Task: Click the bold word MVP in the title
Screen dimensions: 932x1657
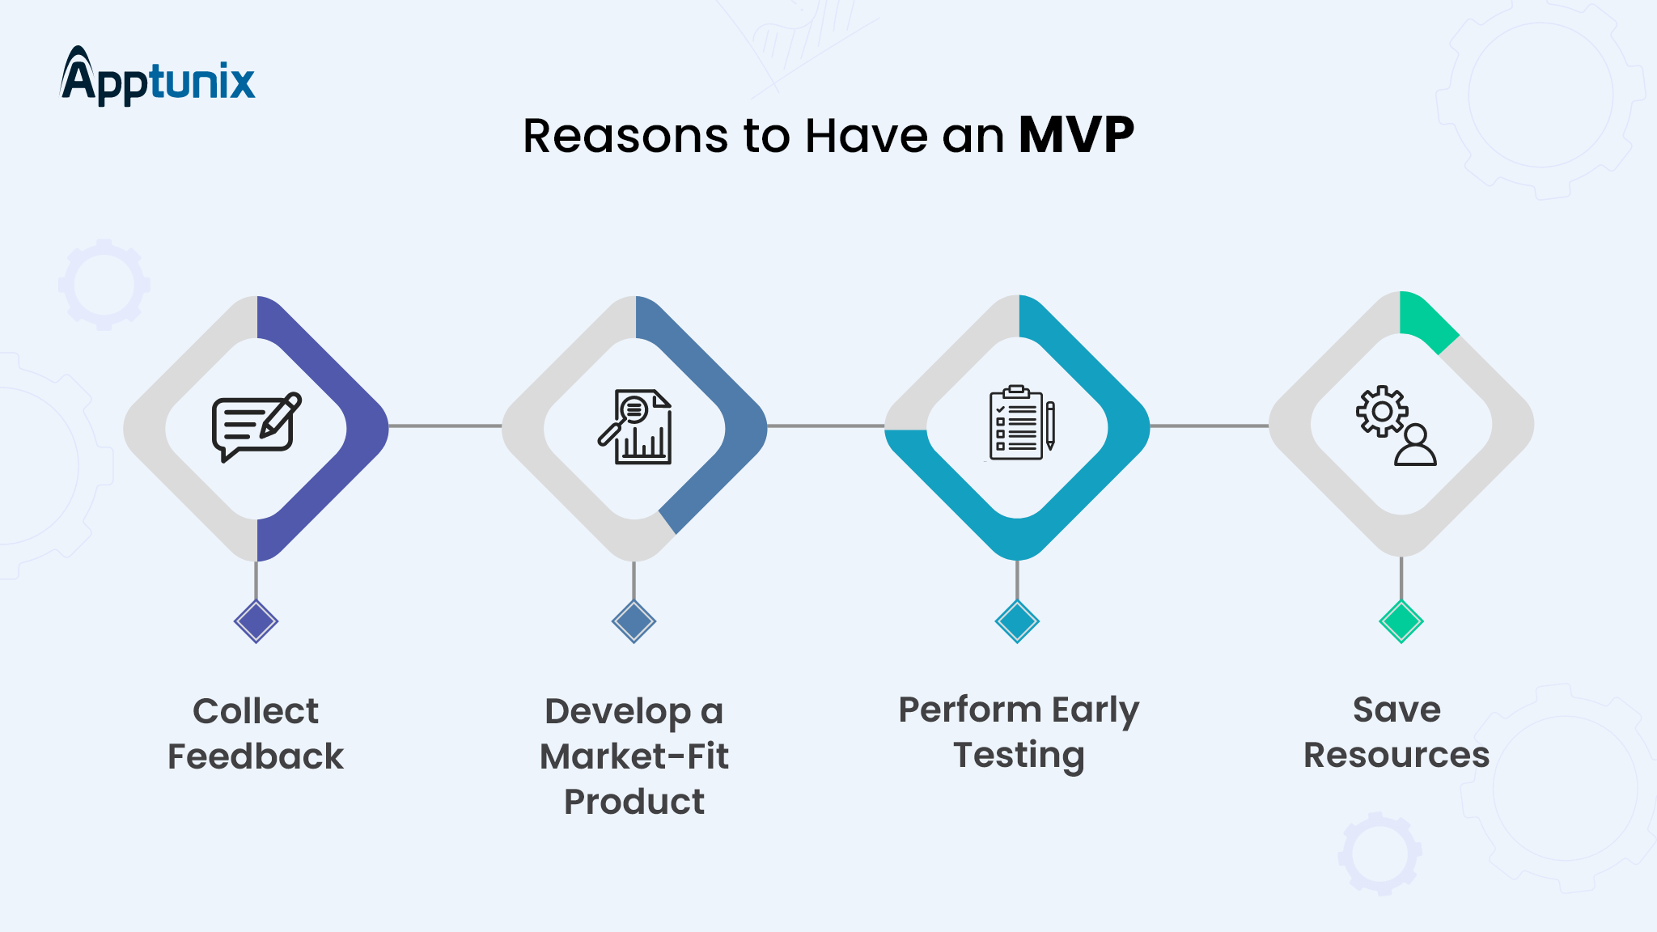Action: (x=1075, y=135)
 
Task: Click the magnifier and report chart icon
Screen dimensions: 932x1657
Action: (x=635, y=427)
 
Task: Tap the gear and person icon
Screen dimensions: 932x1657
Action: (x=1396, y=425)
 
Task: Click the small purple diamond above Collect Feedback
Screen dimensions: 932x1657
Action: (x=256, y=621)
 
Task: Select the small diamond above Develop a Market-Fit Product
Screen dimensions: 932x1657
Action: (x=634, y=621)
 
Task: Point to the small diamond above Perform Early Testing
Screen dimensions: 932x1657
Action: (x=1017, y=621)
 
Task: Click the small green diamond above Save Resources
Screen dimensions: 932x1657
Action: (x=1401, y=621)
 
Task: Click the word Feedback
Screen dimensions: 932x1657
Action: (x=256, y=756)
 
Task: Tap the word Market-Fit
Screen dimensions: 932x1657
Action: (x=634, y=756)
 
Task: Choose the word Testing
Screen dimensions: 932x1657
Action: (x=1019, y=756)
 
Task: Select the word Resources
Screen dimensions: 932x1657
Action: (x=1396, y=755)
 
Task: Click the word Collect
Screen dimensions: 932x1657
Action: (x=256, y=711)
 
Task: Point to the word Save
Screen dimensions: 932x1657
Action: (x=1396, y=710)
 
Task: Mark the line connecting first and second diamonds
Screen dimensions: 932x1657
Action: (x=445, y=426)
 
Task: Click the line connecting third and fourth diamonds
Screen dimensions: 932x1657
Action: (x=1209, y=426)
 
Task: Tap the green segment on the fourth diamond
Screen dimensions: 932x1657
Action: (x=1426, y=320)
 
